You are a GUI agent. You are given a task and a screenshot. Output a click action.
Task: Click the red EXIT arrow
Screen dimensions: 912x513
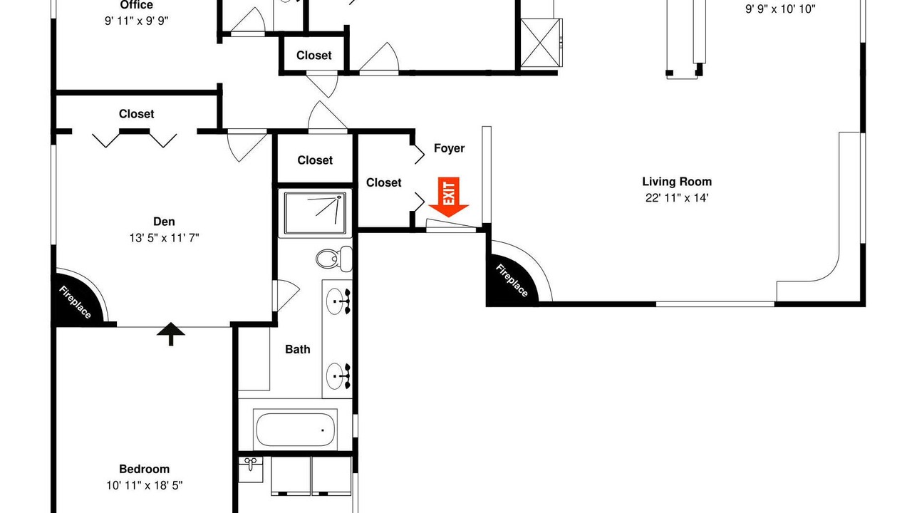click(448, 197)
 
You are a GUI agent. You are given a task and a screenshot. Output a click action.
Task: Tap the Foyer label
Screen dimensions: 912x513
click(449, 148)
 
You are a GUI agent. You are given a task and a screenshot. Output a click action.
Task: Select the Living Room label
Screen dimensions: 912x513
click(677, 182)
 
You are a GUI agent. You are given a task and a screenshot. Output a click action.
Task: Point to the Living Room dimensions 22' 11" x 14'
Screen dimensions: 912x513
click(677, 198)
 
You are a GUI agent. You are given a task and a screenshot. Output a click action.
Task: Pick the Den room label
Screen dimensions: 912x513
click(164, 222)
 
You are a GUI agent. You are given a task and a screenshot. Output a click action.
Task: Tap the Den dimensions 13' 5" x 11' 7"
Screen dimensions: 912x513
click(164, 238)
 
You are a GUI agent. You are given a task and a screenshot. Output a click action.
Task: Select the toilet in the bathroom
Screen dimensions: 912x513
click(334, 259)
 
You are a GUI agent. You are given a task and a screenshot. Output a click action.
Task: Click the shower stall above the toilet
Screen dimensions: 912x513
click(315, 213)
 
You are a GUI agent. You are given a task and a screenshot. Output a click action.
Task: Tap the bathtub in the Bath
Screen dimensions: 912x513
click(295, 430)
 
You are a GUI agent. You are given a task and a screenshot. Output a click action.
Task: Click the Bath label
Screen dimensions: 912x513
click(298, 349)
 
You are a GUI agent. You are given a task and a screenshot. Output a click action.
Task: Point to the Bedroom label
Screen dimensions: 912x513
click(144, 469)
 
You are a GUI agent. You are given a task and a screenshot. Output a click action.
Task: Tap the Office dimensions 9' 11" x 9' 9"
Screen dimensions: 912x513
click(137, 21)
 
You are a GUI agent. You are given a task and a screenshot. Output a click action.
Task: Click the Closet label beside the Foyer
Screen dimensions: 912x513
click(383, 183)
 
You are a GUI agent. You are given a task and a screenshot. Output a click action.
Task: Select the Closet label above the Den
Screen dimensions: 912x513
click(136, 114)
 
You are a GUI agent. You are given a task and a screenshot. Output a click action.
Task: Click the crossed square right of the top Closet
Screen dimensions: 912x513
click(541, 43)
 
